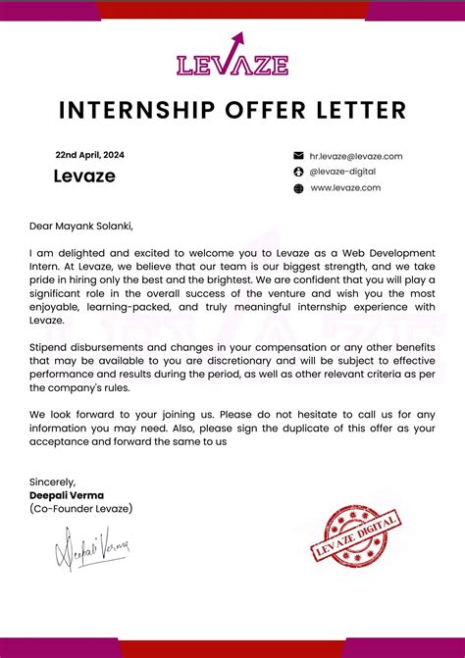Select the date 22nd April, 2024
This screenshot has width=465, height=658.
tap(89, 155)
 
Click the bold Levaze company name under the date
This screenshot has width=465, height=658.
tap(83, 177)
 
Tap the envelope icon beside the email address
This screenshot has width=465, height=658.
tap(298, 156)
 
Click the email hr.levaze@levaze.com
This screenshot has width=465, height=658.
tap(356, 156)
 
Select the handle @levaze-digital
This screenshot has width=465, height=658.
tap(342, 172)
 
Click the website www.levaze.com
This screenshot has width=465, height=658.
tap(345, 187)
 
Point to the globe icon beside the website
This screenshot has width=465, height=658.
tap(298, 188)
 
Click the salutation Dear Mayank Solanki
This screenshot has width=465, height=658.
tap(80, 225)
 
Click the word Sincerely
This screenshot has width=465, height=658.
tap(52, 481)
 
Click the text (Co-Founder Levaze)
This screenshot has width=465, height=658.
tap(80, 509)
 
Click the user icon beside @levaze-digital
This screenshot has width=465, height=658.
tap(298, 172)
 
